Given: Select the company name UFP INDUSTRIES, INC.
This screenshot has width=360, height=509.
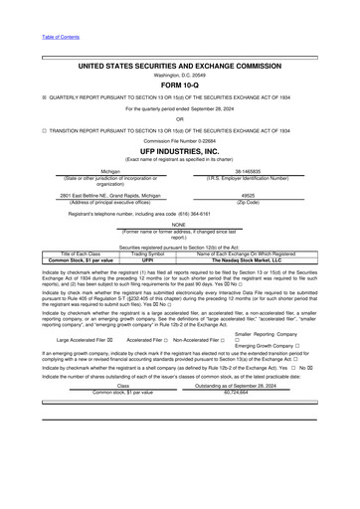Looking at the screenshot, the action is point(179,150).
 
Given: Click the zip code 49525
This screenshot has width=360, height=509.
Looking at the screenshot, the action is point(248,196).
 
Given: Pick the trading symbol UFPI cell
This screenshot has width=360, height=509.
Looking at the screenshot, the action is point(147,259).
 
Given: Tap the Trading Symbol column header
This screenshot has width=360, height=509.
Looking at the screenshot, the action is point(147,254).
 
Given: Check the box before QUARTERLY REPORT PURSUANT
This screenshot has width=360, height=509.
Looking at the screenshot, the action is point(45,96).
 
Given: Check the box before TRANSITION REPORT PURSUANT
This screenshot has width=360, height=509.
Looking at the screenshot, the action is point(45,130).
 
